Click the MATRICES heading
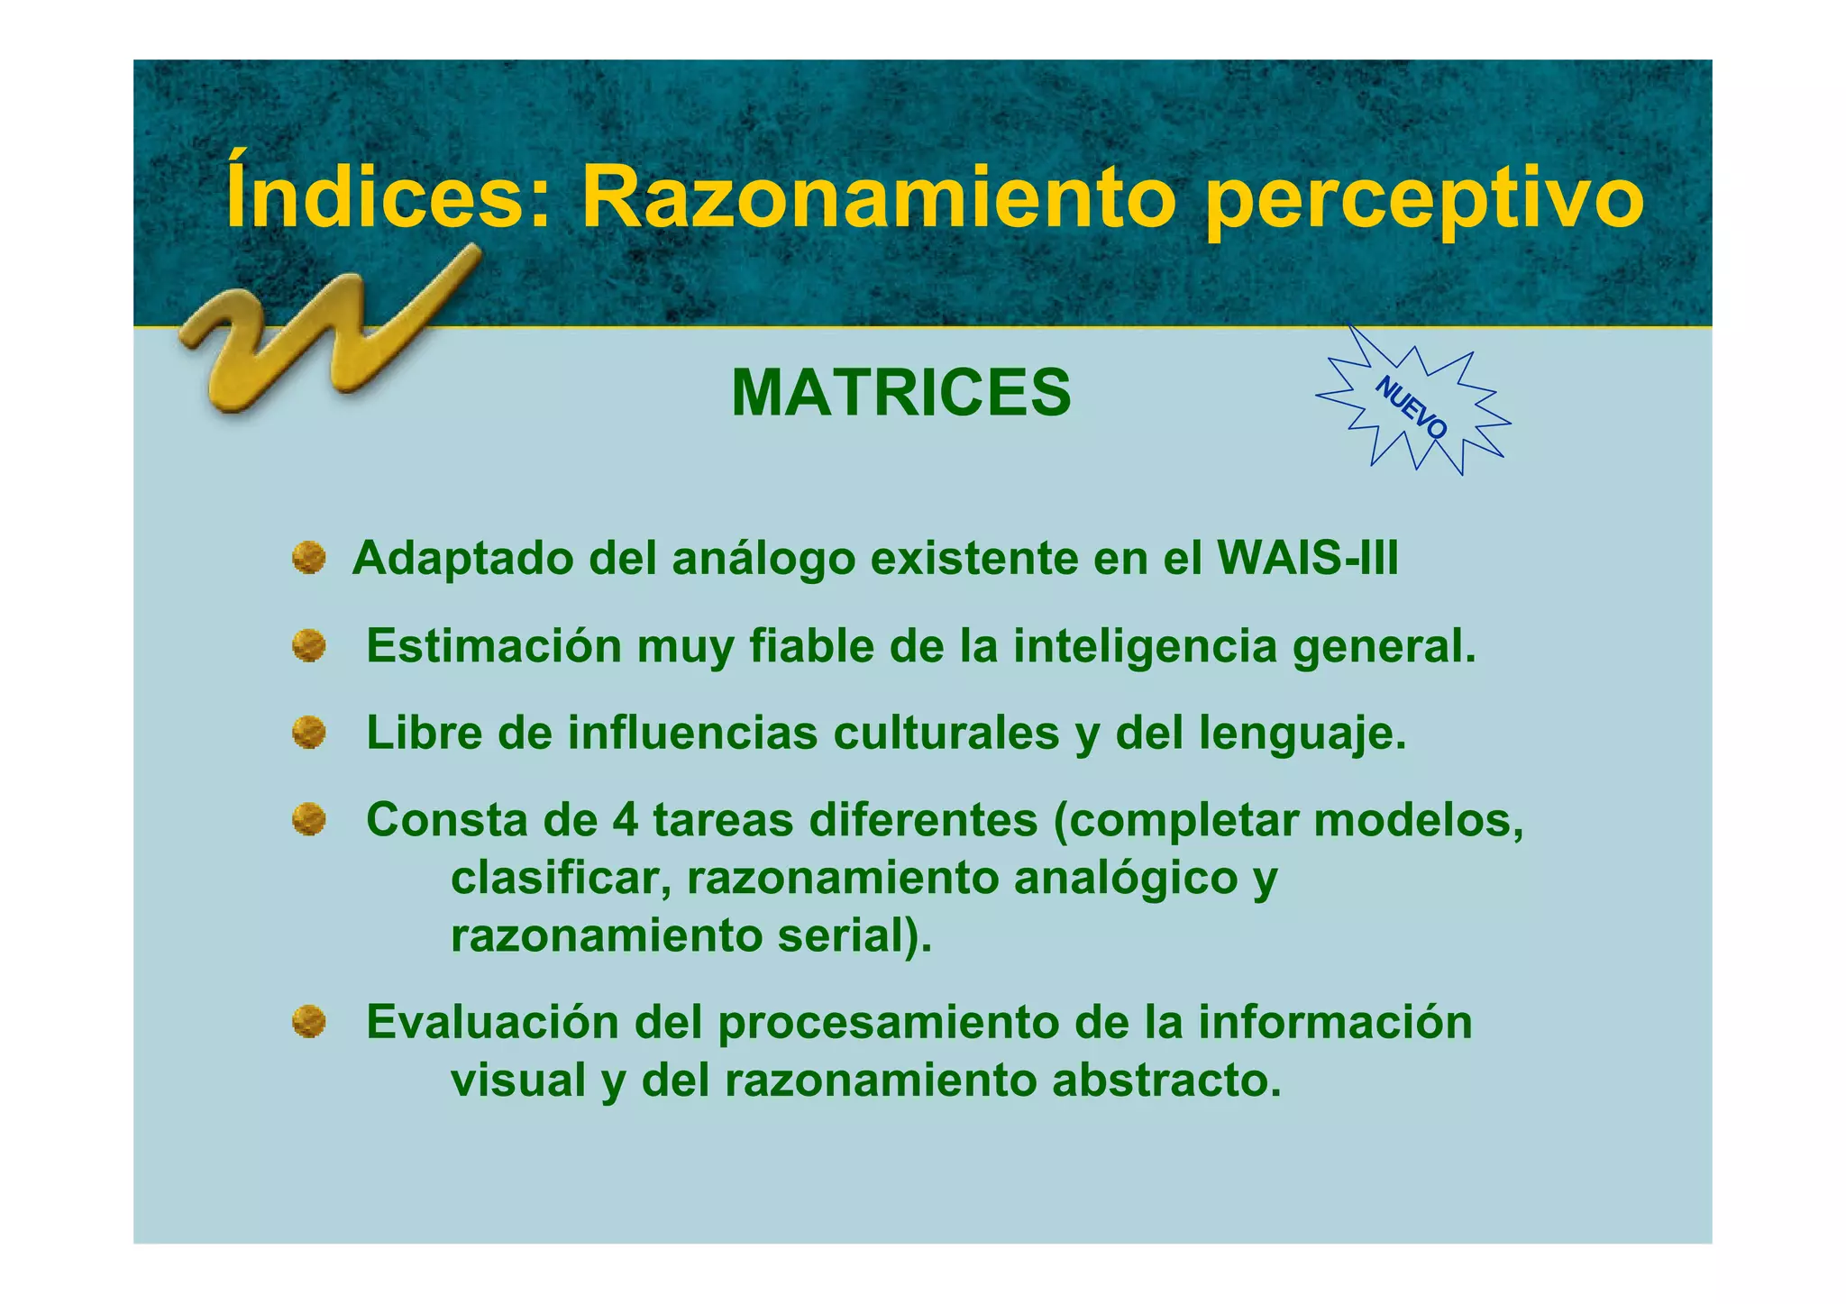point(900,394)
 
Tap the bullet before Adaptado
point(308,558)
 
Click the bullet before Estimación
point(308,646)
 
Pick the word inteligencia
point(1145,646)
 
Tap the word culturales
point(946,733)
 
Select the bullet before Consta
point(308,820)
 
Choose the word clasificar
point(559,877)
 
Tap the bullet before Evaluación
point(308,1022)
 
